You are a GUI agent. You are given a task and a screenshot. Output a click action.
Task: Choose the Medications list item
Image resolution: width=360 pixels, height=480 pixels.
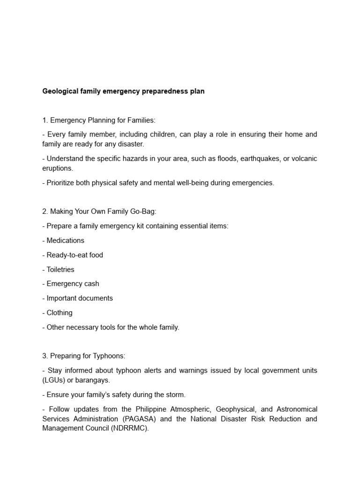65,240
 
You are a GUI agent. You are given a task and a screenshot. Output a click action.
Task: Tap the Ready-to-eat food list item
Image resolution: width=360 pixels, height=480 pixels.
75,255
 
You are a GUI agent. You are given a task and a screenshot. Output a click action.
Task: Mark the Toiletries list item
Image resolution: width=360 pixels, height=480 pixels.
60,270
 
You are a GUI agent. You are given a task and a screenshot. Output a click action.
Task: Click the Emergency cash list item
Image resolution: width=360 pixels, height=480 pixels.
73,284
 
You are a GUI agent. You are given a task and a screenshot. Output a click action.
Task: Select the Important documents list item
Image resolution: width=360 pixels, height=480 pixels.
80,298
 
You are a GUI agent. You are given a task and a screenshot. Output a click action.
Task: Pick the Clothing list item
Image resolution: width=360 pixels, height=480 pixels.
60,313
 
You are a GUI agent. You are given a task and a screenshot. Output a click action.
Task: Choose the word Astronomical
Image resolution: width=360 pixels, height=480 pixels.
290,409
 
